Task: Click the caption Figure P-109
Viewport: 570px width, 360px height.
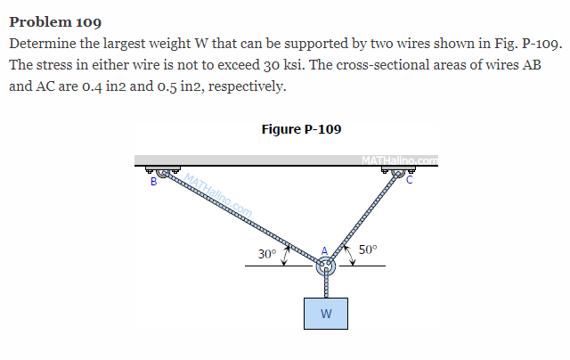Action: (x=301, y=129)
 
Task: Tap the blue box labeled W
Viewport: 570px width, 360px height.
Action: (x=326, y=313)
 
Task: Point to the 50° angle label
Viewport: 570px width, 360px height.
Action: (x=368, y=250)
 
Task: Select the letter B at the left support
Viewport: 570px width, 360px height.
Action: (x=154, y=182)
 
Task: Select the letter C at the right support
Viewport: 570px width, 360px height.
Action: (x=409, y=179)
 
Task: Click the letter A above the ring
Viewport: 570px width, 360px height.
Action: (x=325, y=250)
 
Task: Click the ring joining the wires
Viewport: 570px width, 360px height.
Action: (x=326, y=265)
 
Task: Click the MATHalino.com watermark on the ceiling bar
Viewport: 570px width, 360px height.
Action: (x=400, y=160)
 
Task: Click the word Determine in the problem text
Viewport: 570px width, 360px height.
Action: (x=41, y=44)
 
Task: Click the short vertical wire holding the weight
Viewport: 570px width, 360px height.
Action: (x=326, y=285)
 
